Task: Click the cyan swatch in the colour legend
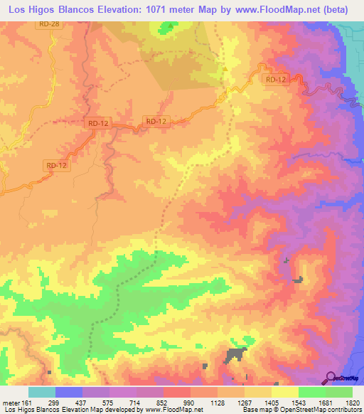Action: (x=42, y=392)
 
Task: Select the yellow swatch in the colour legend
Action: (x=285, y=392)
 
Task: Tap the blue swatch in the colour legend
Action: (x=69, y=392)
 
